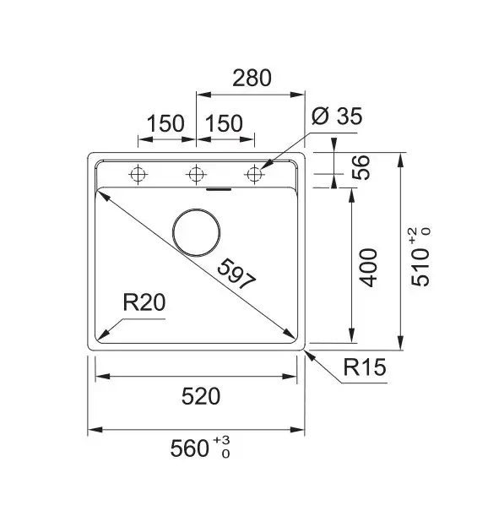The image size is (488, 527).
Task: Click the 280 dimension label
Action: pos(252,78)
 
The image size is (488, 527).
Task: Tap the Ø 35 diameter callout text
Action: pos(337,117)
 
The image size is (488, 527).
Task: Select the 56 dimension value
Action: pos(361,168)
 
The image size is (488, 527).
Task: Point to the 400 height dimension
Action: pos(369,268)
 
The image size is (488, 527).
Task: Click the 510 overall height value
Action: pos(420,267)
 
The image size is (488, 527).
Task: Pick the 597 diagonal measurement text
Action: pos(236,274)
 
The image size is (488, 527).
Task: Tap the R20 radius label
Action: pos(144,302)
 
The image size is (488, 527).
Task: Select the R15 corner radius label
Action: pos(365,367)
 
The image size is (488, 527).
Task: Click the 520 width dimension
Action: pos(201,396)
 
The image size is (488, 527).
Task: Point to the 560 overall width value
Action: pos(190,448)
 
